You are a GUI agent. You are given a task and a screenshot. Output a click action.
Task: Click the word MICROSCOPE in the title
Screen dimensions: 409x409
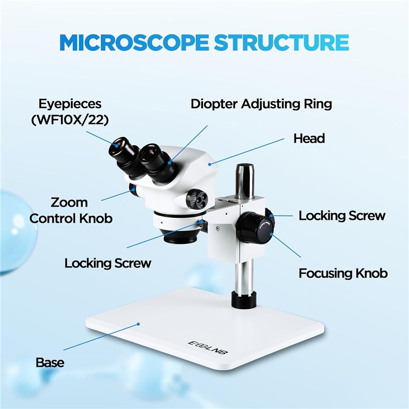pyautogui.click(x=134, y=42)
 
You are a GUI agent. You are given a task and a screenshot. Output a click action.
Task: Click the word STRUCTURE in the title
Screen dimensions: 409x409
pyautogui.click(x=282, y=42)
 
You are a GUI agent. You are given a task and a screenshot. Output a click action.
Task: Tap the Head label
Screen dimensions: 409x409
pyautogui.click(x=309, y=138)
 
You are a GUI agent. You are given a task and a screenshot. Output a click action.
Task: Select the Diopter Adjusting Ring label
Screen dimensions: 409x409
pyautogui.click(x=261, y=104)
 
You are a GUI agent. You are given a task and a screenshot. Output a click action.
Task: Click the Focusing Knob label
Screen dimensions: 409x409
pyautogui.click(x=343, y=273)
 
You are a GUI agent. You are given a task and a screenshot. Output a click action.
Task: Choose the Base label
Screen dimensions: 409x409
pyautogui.click(x=50, y=362)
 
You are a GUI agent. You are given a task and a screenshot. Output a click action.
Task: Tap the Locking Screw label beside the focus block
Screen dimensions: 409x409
pyautogui.click(x=342, y=215)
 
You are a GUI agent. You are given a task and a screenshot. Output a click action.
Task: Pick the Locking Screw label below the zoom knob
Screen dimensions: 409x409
pyautogui.click(x=107, y=263)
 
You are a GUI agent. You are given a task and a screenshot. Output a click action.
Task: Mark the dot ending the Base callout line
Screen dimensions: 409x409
pyautogui.click(x=138, y=324)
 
